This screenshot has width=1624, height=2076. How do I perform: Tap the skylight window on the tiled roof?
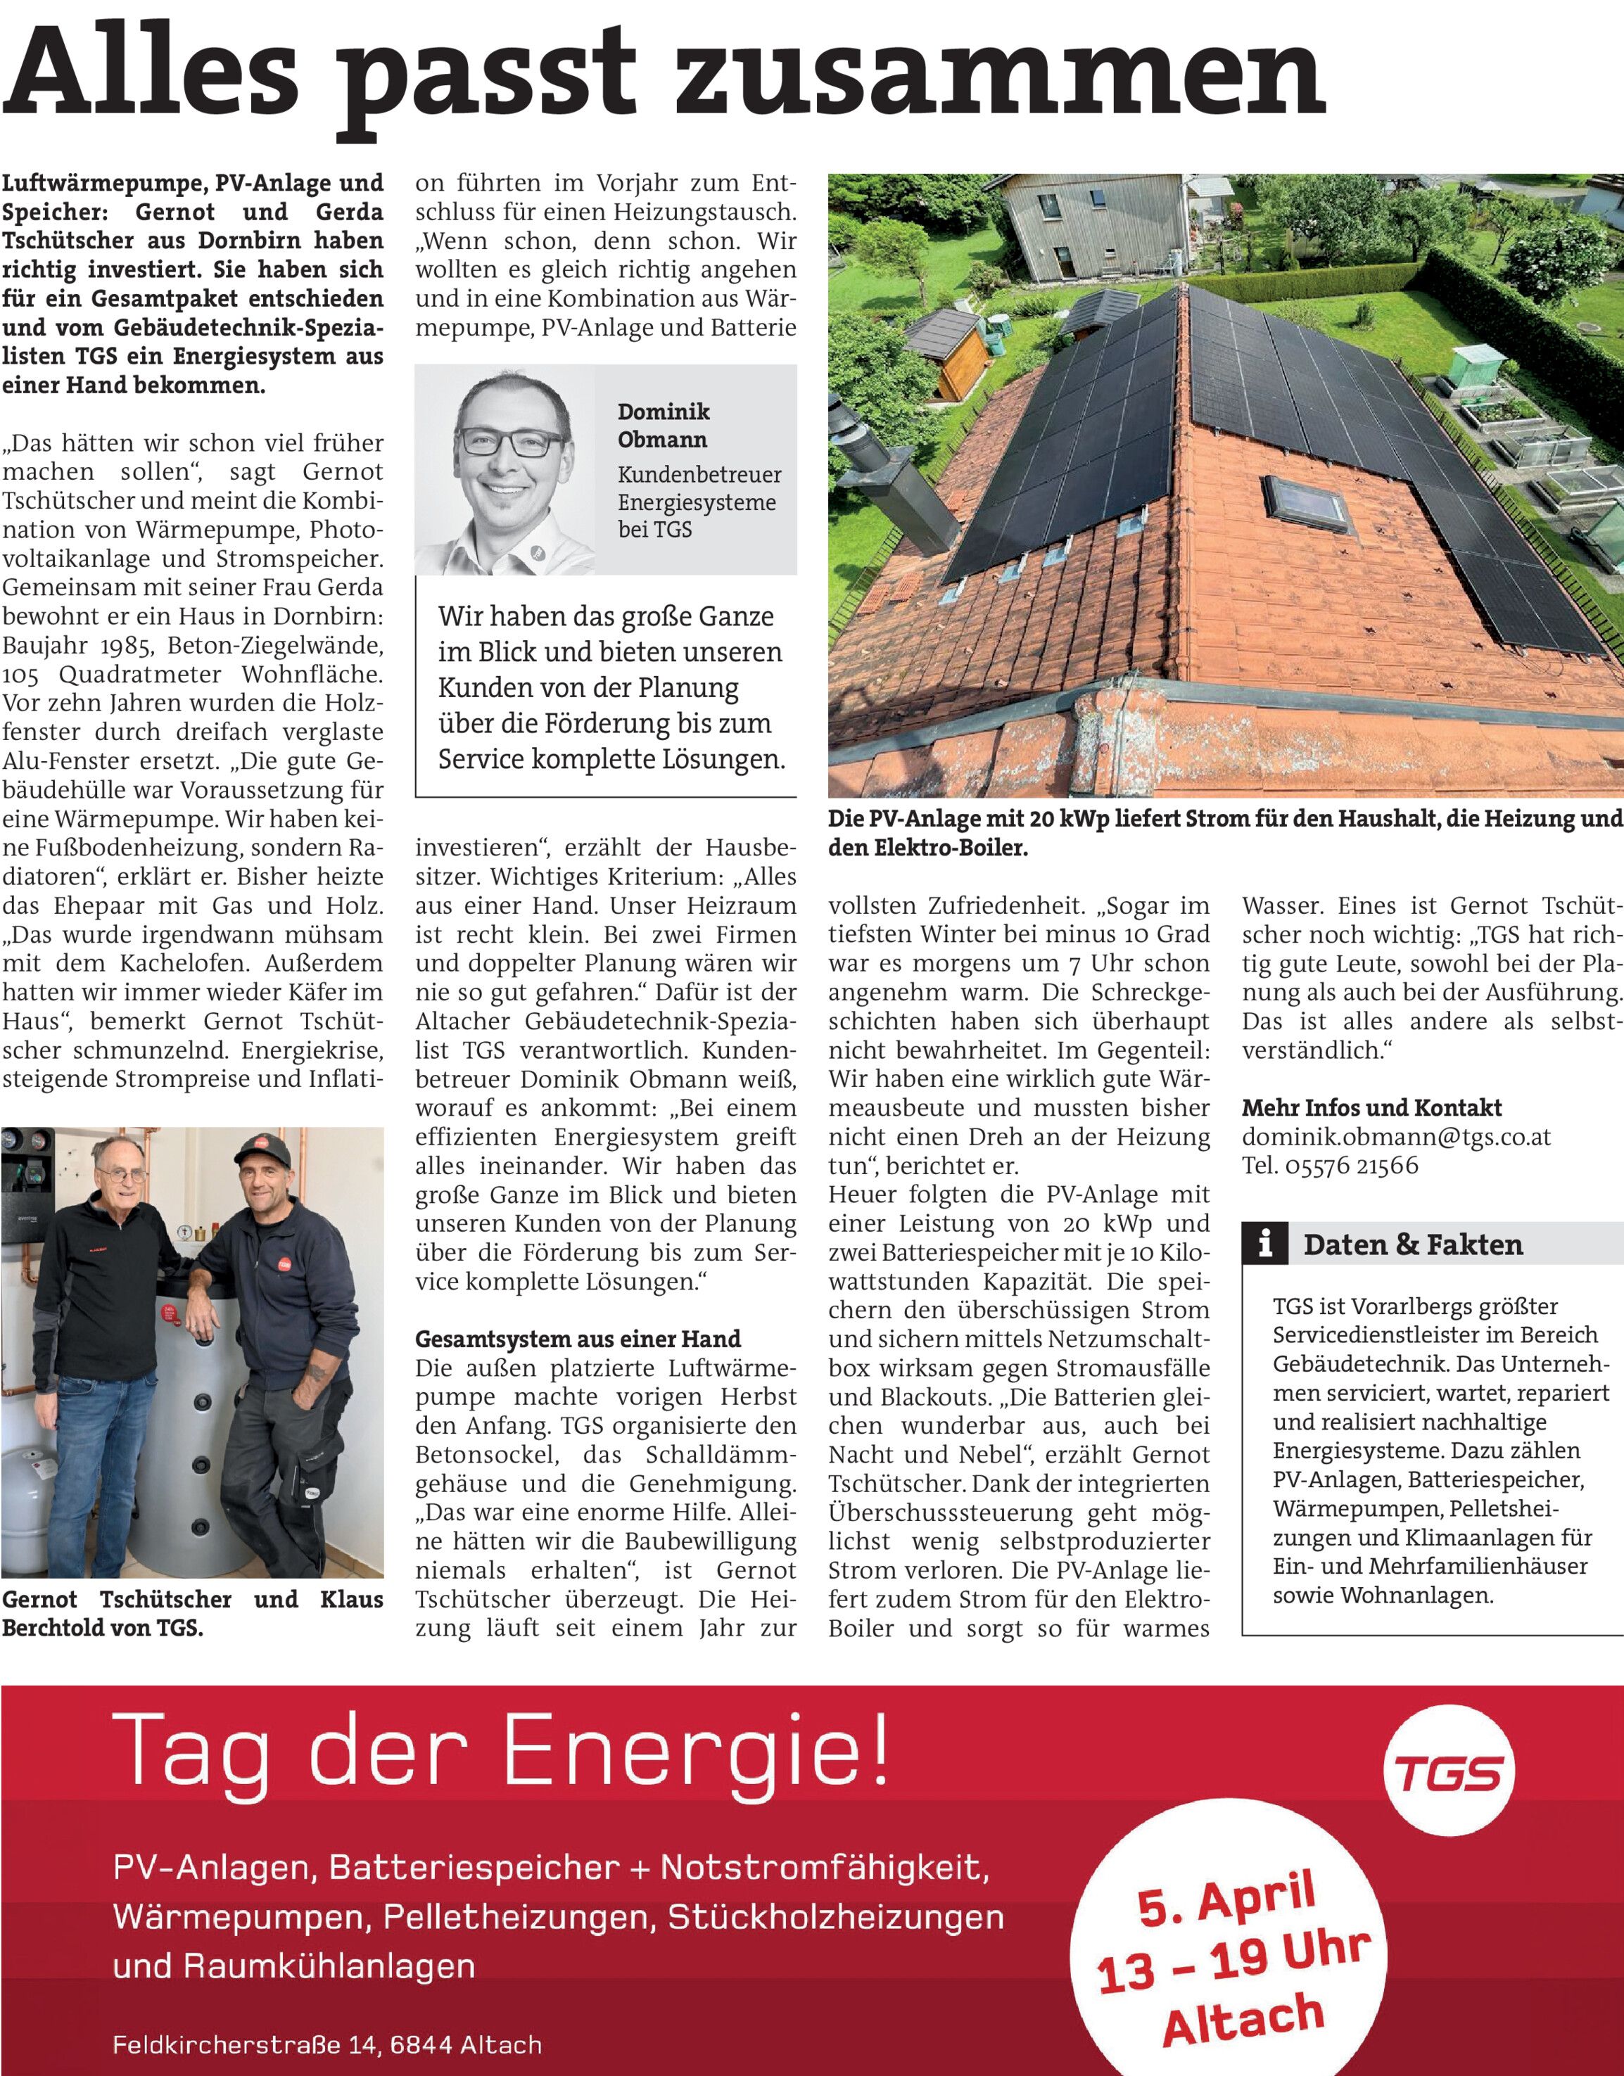pyautogui.click(x=1310, y=503)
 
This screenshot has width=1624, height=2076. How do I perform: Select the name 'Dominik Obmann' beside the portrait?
pyautogui.click(x=663, y=425)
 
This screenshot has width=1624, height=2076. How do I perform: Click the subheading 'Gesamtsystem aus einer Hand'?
pyautogui.click(x=577, y=1339)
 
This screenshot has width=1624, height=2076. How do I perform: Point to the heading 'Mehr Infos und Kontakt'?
pyautogui.click(x=1371, y=1107)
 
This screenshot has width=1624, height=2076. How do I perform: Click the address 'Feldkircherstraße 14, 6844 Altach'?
pyautogui.click(x=327, y=2044)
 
